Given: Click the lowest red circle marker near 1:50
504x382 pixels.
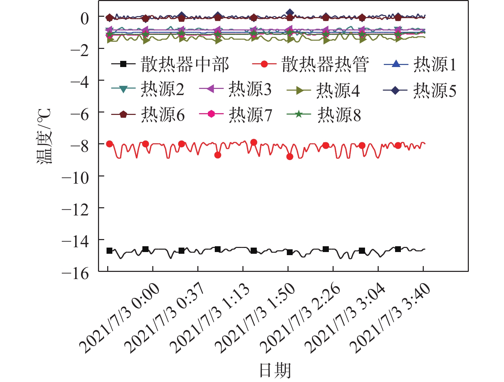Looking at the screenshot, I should [x=290, y=157].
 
